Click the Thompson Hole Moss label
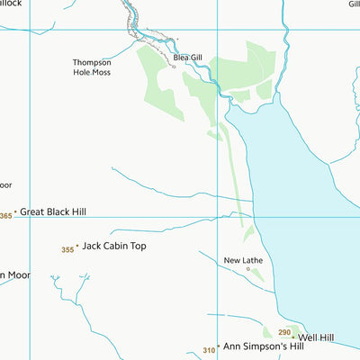click(x=92, y=67)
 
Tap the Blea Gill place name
click(x=187, y=58)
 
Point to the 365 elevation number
click(x=6, y=216)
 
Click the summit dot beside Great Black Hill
click(x=15, y=212)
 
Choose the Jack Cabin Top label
click(x=113, y=245)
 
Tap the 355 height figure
click(x=67, y=249)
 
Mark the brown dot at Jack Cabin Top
click(x=77, y=246)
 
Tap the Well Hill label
click(x=316, y=337)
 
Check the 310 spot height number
click(x=209, y=350)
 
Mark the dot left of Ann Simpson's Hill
click(x=218, y=346)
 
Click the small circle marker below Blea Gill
click(x=172, y=66)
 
